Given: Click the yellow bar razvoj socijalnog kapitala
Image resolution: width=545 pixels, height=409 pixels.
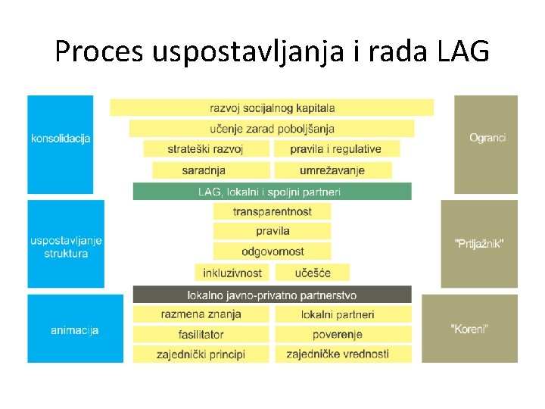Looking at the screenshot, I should click(272, 108).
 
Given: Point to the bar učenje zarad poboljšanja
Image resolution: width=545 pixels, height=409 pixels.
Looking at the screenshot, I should click(272, 128).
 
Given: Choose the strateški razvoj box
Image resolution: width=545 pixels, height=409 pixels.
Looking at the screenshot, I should click(206, 148).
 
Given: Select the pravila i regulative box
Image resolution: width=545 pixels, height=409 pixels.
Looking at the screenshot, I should click(336, 148).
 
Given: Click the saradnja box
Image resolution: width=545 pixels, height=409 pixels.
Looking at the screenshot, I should click(210, 170).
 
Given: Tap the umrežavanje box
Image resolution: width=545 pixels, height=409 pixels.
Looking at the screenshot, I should click(333, 170).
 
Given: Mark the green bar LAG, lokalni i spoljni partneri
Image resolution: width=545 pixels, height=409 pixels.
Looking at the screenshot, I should click(272, 191).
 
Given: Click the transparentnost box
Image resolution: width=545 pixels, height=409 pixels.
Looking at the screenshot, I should click(272, 211).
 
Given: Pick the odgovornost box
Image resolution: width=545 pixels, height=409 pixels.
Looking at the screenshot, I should click(272, 251).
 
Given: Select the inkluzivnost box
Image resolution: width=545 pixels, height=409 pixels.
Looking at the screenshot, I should click(232, 272).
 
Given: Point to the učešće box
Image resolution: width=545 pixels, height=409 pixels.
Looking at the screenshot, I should click(313, 272).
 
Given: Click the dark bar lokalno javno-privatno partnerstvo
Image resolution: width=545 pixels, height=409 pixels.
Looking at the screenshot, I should click(272, 295).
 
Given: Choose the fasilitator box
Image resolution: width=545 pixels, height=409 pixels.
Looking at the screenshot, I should click(201, 334).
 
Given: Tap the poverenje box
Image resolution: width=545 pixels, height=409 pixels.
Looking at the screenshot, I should click(343, 334).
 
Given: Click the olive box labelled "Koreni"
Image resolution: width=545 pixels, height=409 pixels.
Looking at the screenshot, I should click(469, 329).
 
